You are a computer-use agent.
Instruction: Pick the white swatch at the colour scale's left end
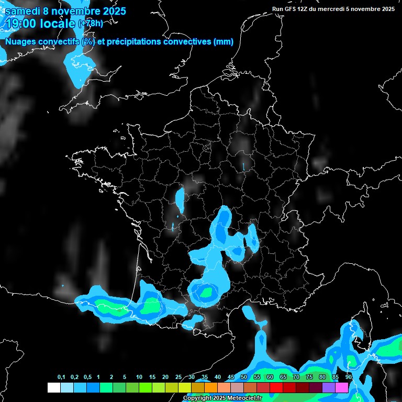[x=53, y=387]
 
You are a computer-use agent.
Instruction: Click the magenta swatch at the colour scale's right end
[x=342, y=387]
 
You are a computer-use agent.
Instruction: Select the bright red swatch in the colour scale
[x=276, y=387]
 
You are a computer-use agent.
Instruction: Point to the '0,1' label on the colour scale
[x=61, y=377]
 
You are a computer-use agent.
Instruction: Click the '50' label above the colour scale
[x=244, y=377]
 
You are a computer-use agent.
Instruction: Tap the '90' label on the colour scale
[x=349, y=377]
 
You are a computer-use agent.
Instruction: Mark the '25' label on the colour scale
[x=178, y=377]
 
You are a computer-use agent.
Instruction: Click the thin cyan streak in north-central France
[x=244, y=166]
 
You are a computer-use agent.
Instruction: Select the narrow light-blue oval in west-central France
[x=180, y=199]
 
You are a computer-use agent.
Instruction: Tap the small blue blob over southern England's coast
[x=80, y=66]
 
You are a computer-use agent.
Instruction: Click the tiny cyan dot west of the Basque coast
[x=62, y=285]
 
